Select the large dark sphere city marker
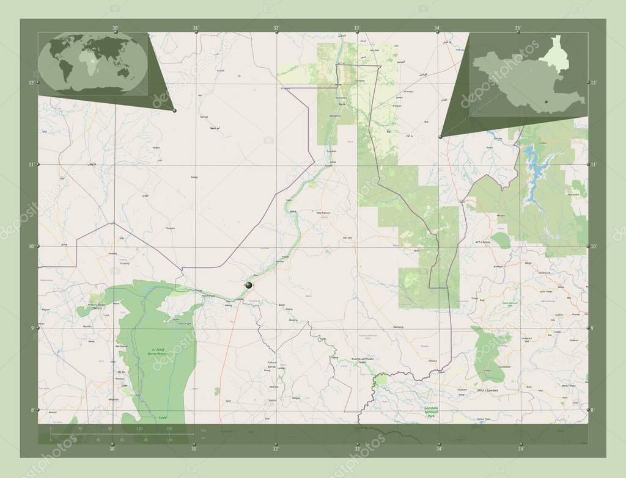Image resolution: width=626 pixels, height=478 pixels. tap(249, 284)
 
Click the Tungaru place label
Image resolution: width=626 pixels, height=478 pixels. tap(171, 228)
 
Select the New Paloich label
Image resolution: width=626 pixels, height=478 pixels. tap(323, 212)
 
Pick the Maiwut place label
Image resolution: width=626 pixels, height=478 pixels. tap(433, 361)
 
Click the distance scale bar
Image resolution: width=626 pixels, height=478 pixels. tap(110, 434)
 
